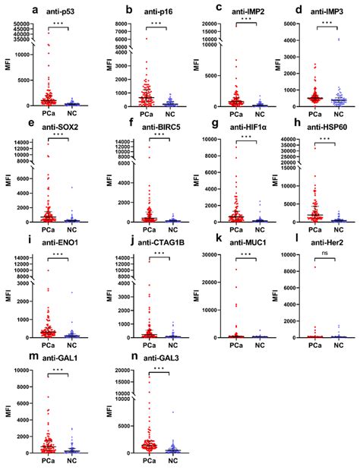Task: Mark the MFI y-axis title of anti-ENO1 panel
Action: tap(9, 298)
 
